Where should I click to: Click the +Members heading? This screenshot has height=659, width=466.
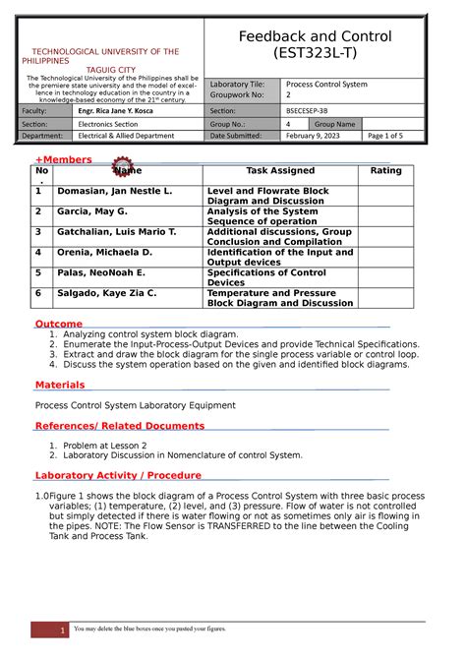click(64, 159)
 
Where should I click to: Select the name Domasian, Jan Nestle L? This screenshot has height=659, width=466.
click(115, 191)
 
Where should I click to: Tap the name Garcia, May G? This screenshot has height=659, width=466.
click(92, 211)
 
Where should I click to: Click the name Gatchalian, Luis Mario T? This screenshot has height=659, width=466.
click(117, 232)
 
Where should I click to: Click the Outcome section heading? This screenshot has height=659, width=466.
click(59, 324)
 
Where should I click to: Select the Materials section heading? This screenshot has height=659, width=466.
click(60, 385)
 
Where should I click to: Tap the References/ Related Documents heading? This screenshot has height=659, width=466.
click(120, 426)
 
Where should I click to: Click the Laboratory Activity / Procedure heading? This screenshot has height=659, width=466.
click(118, 476)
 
